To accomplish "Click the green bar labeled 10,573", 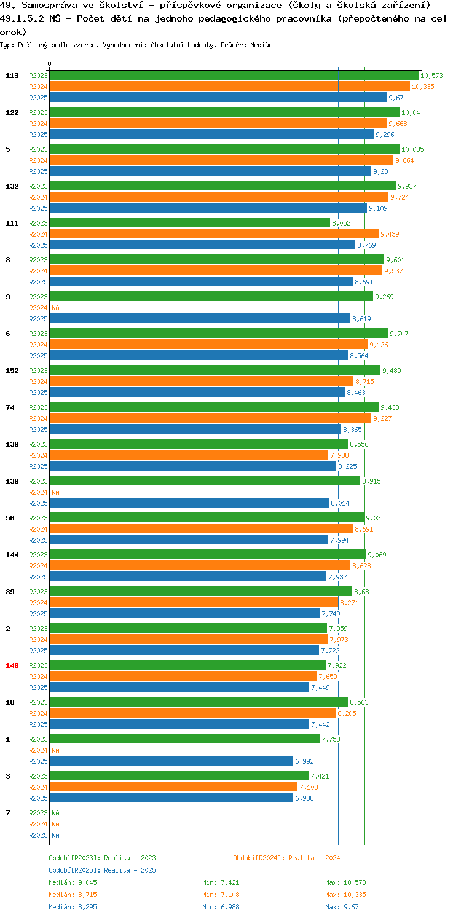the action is tap(234, 75).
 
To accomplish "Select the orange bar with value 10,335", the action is tap(230, 86).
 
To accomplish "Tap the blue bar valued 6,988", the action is tap(171, 798).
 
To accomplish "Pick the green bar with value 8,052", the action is tap(190, 222).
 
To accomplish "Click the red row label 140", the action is tap(12, 665).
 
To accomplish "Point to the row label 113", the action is tap(12, 76).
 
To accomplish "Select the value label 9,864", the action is tap(404, 160).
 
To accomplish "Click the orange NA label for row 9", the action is tap(55, 308).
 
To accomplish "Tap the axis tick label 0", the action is tap(50, 63).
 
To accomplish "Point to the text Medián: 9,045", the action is tap(73, 882).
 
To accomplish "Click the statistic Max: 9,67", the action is tap(342, 907).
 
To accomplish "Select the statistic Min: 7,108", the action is tap(221, 895).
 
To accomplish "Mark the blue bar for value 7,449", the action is tap(179, 687).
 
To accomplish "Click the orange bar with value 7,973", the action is tap(189, 639).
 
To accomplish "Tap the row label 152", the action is tap(12, 371).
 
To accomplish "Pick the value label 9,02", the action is tap(373, 518).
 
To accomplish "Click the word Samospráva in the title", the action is tap(49, 6).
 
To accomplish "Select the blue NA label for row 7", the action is tap(55, 835).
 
